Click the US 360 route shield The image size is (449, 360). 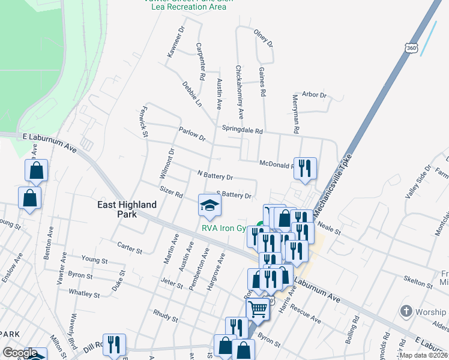[x=411, y=47]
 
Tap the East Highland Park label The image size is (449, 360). [x=127, y=209]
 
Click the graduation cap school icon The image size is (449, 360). [x=210, y=205]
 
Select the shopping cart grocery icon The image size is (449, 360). [x=258, y=310]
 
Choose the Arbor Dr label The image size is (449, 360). [x=314, y=95]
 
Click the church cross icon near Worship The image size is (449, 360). [x=406, y=312]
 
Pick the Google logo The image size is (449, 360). [x=20, y=353]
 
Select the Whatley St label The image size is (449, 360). [x=84, y=294]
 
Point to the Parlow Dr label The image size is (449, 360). [x=191, y=133]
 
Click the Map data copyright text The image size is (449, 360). [x=423, y=355]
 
